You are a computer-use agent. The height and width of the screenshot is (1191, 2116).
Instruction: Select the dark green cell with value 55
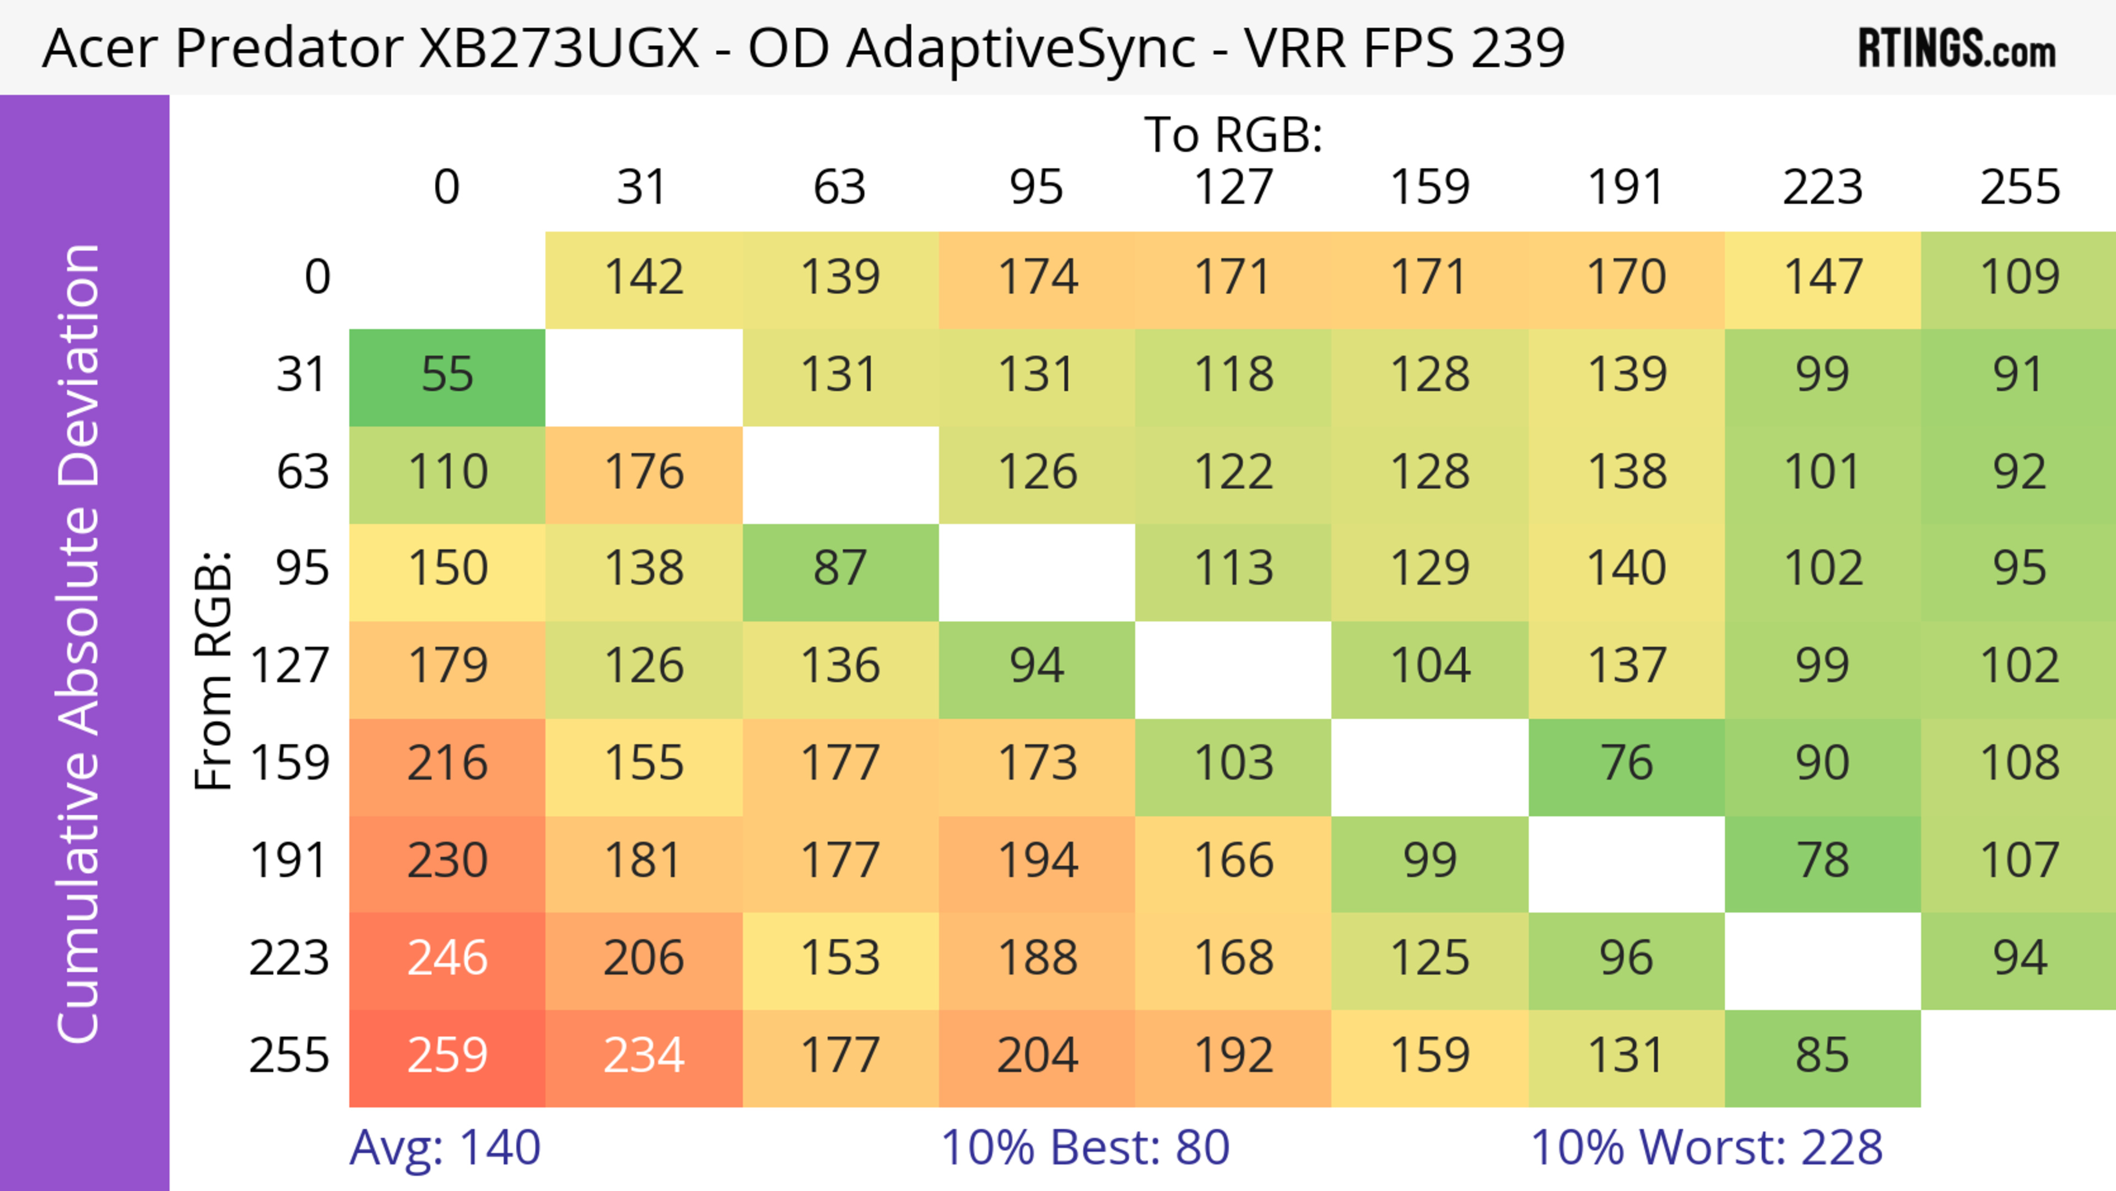pyautogui.click(x=447, y=375)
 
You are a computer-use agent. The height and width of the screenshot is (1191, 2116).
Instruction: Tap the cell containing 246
pyautogui.click(x=447, y=958)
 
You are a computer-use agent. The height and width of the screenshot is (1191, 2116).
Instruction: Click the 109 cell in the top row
pyautogui.click(x=2019, y=278)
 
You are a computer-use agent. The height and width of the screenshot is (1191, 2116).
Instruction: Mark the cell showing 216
pyautogui.click(x=447, y=764)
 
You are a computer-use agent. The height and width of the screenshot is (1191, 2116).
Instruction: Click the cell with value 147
pyautogui.click(x=1822, y=278)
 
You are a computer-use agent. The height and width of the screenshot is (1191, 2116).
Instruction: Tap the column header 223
pyautogui.click(x=1822, y=187)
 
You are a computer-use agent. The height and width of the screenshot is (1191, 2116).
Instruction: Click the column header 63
pyautogui.click(x=839, y=187)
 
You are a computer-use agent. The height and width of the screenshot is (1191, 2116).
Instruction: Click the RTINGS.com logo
pyautogui.click(x=1957, y=49)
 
